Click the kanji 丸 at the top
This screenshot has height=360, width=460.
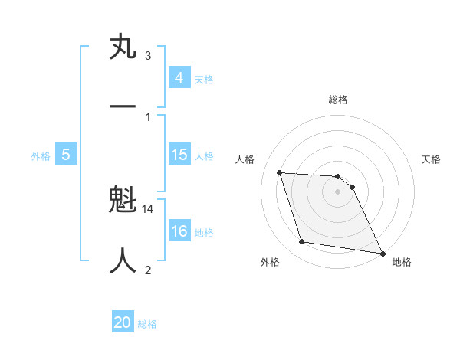(x=123, y=47)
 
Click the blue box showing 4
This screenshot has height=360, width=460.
(x=179, y=77)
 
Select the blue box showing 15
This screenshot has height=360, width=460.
(x=179, y=155)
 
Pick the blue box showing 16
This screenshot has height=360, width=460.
(x=179, y=231)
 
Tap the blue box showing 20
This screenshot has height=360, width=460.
(x=123, y=322)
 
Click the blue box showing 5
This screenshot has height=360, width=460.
(x=66, y=155)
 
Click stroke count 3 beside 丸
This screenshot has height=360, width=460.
(x=148, y=56)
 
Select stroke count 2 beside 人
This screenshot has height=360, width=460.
(x=148, y=270)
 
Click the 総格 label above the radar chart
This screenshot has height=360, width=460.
(x=338, y=100)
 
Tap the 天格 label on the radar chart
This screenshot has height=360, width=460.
(x=432, y=159)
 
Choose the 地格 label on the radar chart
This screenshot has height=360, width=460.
(x=402, y=262)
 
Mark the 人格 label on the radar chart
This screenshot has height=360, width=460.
(x=245, y=159)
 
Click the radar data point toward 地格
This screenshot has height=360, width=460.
(x=381, y=252)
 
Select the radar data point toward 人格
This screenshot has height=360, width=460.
(x=279, y=172)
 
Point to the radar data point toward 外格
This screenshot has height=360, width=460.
(x=301, y=242)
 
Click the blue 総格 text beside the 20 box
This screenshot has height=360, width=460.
(x=147, y=323)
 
